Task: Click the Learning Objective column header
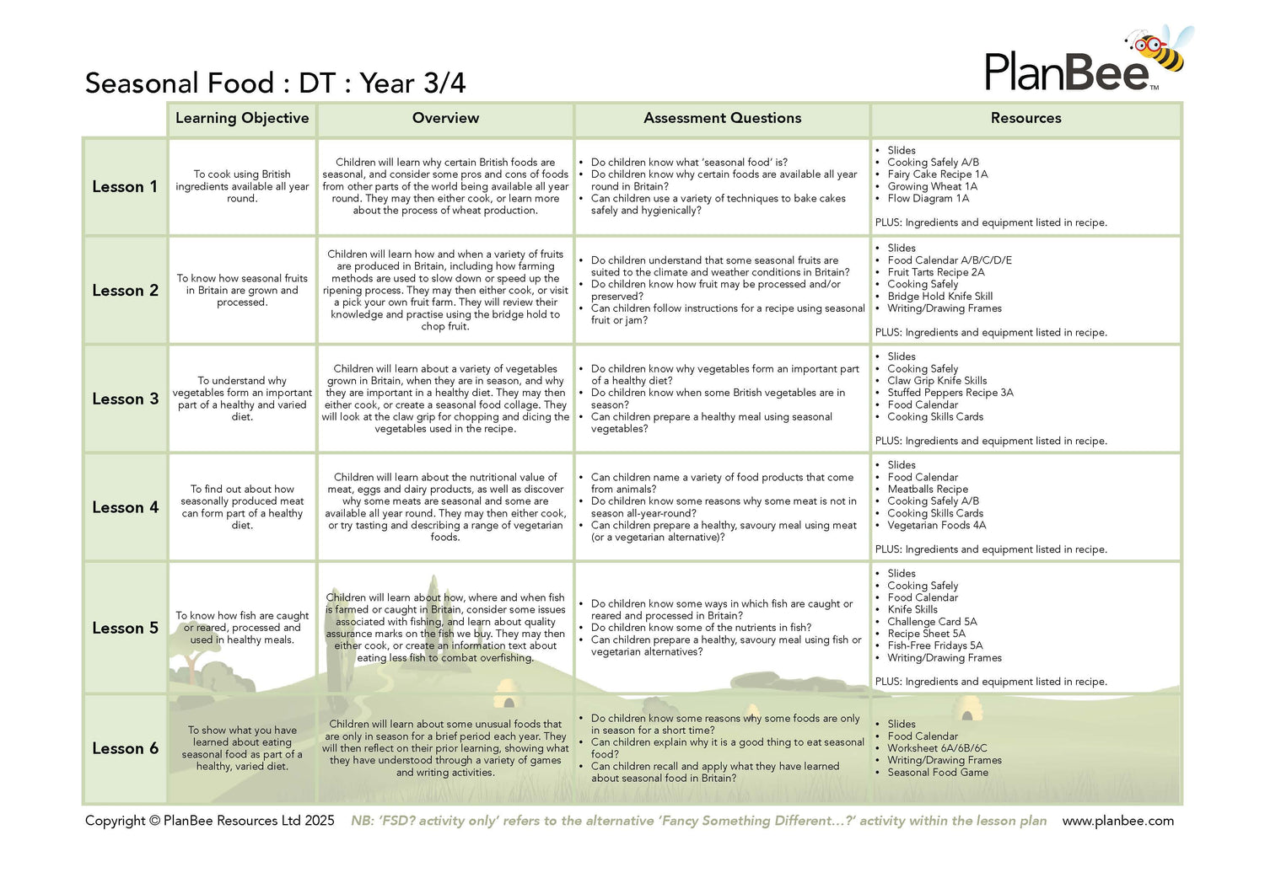[242, 118]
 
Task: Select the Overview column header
[445, 118]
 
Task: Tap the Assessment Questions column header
[722, 118]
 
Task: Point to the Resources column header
[1025, 118]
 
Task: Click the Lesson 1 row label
[125, 186]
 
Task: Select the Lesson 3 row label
[125, 399]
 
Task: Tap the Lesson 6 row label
[125, 748]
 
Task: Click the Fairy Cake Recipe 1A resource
[937, 174]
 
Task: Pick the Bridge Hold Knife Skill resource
[939, 297]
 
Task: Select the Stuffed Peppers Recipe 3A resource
[950, 393]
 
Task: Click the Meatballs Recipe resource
[927, 490]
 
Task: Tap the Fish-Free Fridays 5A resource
[934, 645]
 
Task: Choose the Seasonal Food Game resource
[937, 773]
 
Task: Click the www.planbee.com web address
[1117, 821]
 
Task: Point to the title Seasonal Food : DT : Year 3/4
[275, 83]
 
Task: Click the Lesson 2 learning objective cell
[242, 290]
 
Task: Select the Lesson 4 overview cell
[445, 507]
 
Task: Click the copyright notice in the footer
[209, 821]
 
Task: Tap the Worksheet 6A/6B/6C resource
[936, 748]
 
